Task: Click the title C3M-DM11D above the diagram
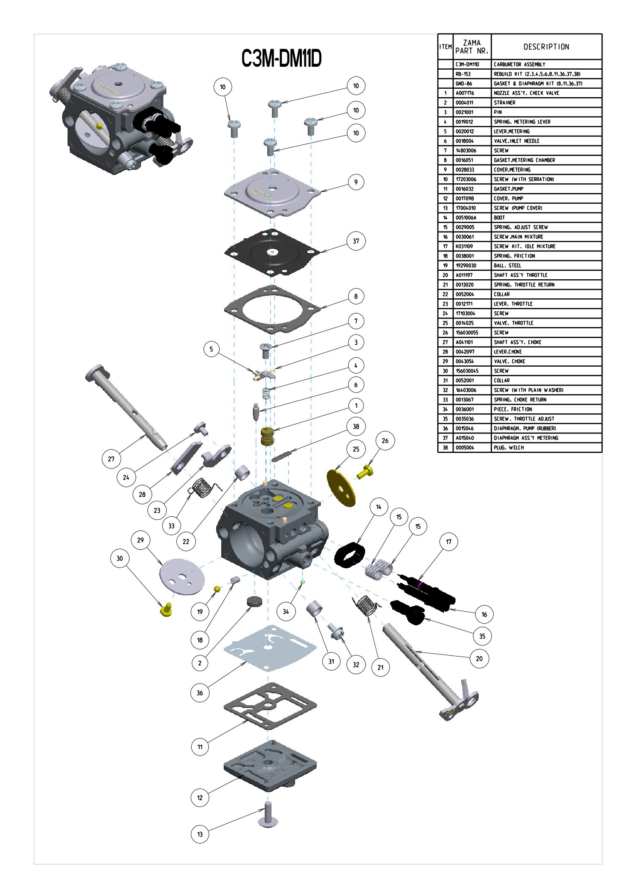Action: click(x=281, y=58)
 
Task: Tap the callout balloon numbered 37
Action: click(x=356, y=241)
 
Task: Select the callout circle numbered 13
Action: click(x=200, y=834)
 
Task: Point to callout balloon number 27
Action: click(x=111, y=459)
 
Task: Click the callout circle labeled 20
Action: click(x=479, y=658)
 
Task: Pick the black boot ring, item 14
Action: click(x=349, y=555)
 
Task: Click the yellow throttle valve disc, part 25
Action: click(x=341, y=488)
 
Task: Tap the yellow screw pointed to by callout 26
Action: click(x=366, y=472)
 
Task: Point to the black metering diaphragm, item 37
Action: click(x=272, y=252)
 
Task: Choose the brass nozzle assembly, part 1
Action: click(x=267, y=436)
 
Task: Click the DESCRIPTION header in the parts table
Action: click(x=546, y=47)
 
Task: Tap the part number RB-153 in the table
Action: click(x=463, y=74)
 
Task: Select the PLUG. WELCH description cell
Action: click(x=509, y=447)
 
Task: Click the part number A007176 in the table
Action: click(x=465, y=93)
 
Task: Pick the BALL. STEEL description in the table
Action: click(x=507, y=265)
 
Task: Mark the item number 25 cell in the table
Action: click(x=445, y=323)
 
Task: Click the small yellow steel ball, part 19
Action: click(x=217, y=589)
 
